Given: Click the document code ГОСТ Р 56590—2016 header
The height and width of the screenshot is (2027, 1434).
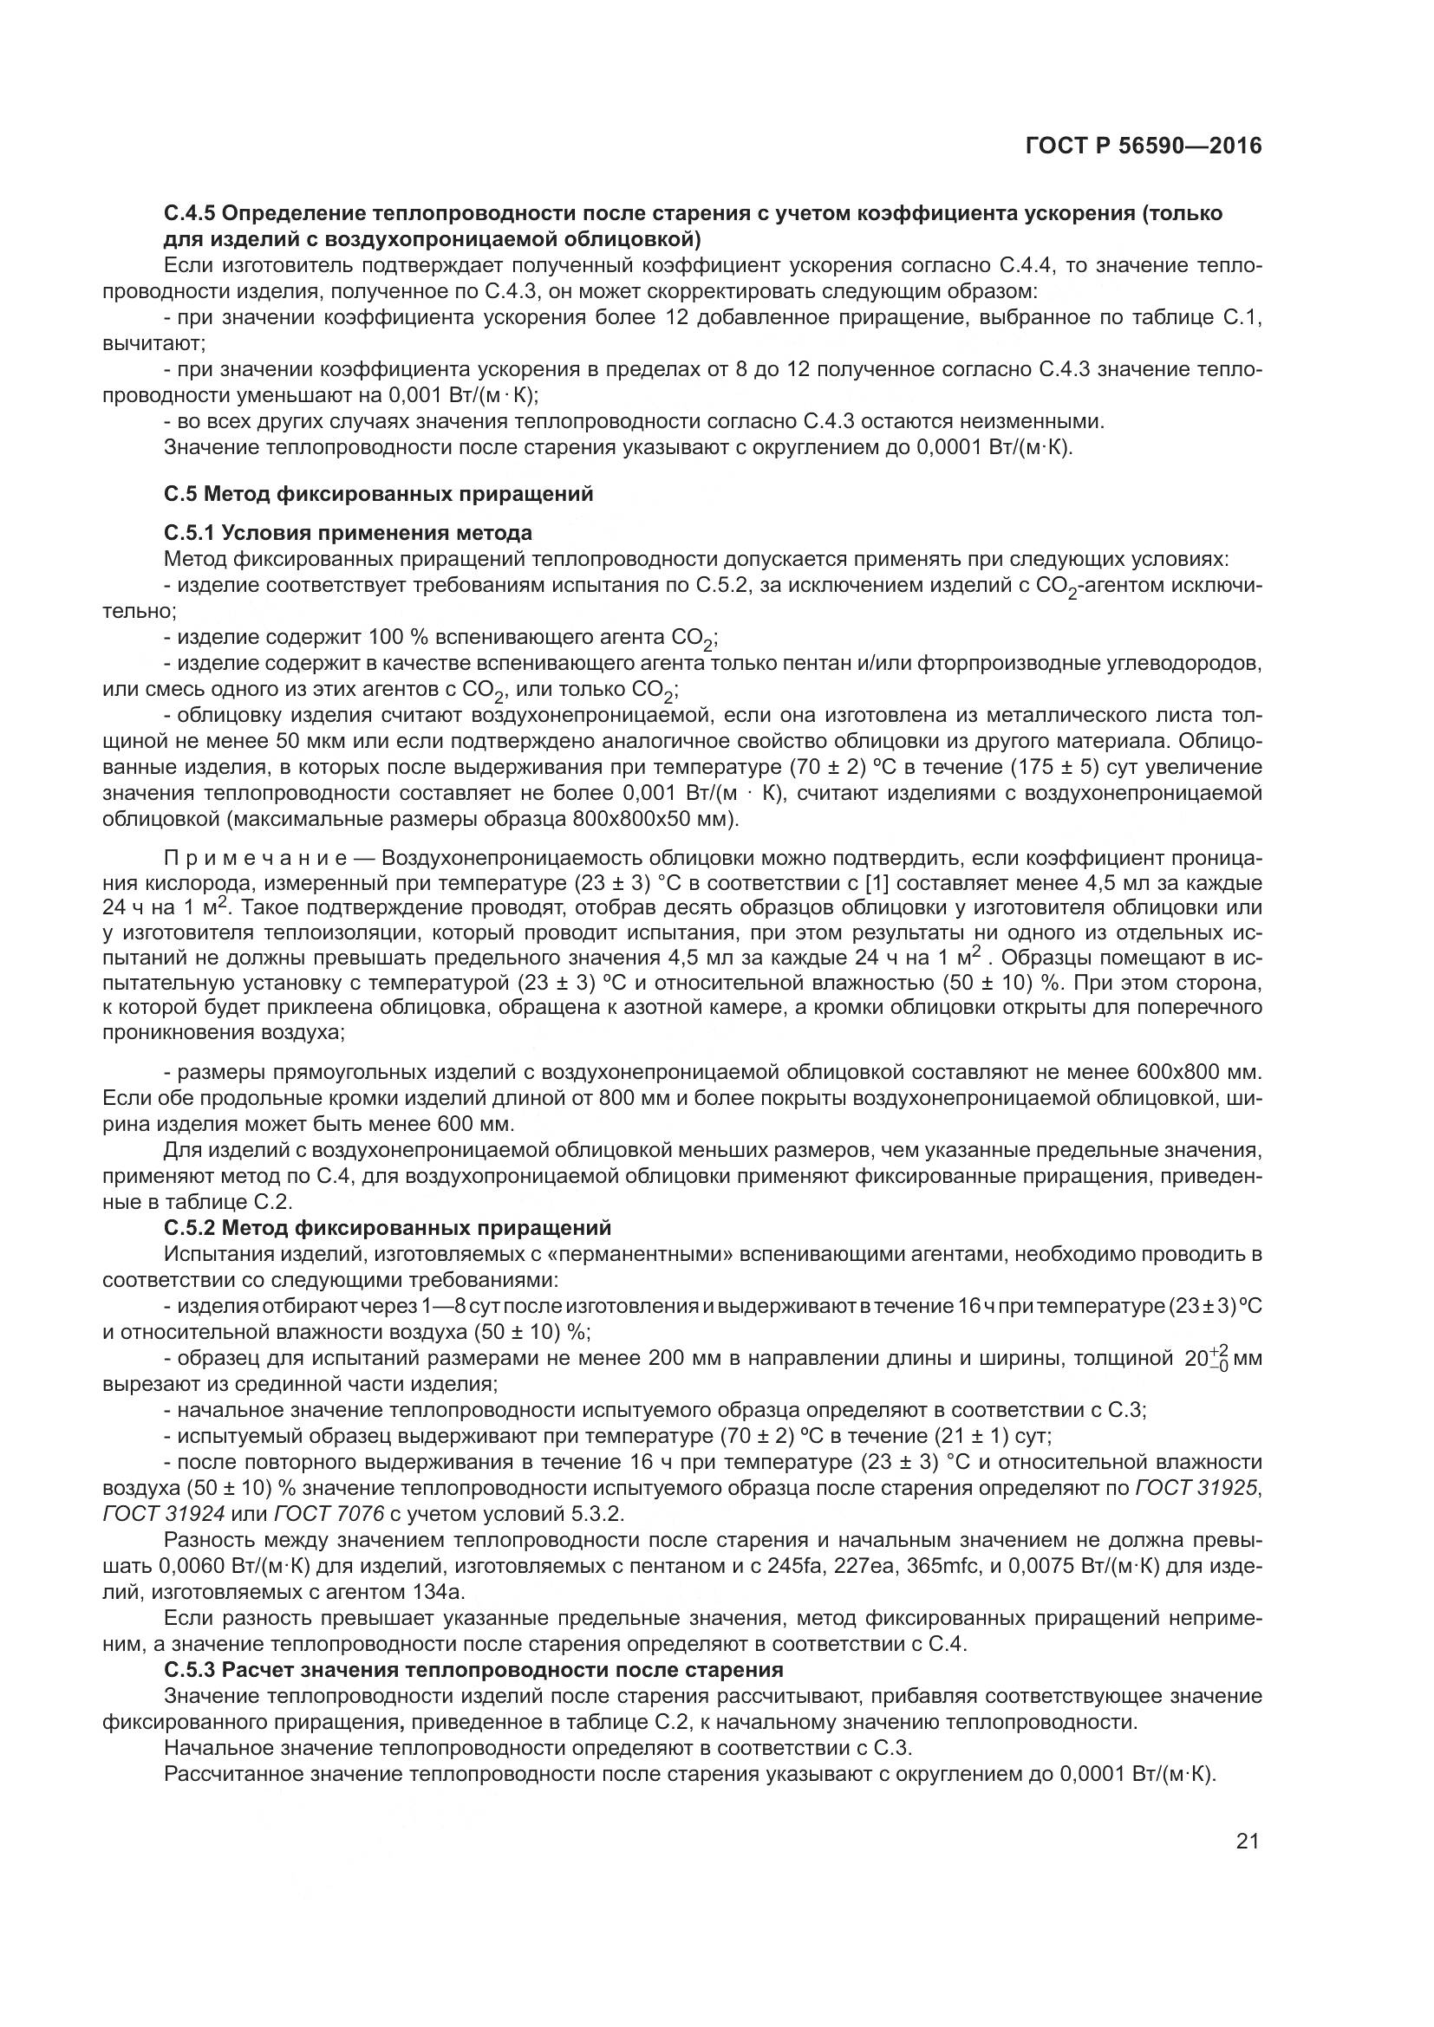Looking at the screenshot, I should pyautogui.click(x=1144, y=146).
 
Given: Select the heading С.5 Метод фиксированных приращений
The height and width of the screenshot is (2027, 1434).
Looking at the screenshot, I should pyautogui.click(x=378, y=493).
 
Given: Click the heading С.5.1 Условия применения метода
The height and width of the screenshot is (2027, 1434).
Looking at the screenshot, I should pyautogui.click(x=348, y=532).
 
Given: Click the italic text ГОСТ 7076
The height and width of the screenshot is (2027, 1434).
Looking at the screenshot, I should pyautogui.click(x=329, y=1514).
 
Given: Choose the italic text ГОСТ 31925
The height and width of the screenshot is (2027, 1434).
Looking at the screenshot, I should pyautogui.click(x=1196, y=1489).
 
